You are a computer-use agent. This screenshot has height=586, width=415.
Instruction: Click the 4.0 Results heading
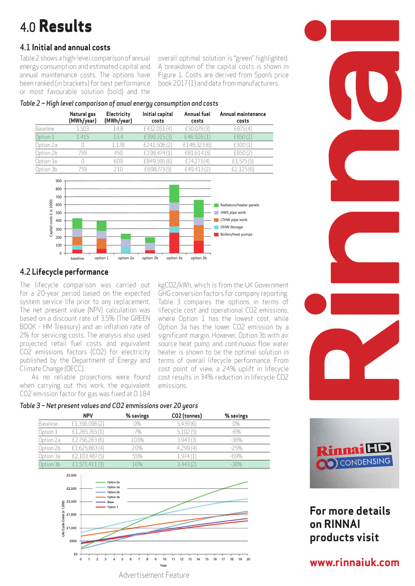click(x=56, y=27)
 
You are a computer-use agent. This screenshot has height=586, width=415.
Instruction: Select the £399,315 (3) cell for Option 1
click(x=158, y=137)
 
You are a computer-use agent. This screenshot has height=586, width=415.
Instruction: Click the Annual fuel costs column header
click(x=197, y=117)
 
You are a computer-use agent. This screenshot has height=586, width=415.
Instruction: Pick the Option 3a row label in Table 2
click(x=46, y=161)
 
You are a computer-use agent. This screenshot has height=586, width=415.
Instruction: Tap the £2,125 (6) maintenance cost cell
click(x=243, y=170)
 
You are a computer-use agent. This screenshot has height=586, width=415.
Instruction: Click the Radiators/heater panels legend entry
click(x=239, y=205)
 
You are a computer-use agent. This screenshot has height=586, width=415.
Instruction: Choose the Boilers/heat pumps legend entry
click(x=236, y=234)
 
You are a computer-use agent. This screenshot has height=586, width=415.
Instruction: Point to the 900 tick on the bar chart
click(x=59, y=181)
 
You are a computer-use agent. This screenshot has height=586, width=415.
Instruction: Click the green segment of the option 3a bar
click(x=174, y=193)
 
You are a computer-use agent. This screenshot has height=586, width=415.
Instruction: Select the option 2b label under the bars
click(x=150, y=258)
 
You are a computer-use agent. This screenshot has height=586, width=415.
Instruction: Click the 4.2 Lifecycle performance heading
click(x=64, y=272)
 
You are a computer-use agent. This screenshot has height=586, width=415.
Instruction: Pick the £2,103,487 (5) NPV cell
click(x=88, y=456)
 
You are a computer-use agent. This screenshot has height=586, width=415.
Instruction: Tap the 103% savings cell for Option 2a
click(x=137, y=440)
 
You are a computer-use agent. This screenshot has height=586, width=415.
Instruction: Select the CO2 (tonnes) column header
click(x=186, y=416)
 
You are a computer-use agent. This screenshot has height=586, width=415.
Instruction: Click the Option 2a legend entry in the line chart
click(x=113, y=482)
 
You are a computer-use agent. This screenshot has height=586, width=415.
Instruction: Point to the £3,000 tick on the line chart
click(x=71, y=475)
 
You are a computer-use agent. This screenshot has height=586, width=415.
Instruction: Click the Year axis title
click(x=163, y=565)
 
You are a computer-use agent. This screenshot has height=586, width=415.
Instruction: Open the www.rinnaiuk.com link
click(x=354, y=562)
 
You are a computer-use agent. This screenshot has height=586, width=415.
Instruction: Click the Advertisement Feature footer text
click(x=154, y=575)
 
